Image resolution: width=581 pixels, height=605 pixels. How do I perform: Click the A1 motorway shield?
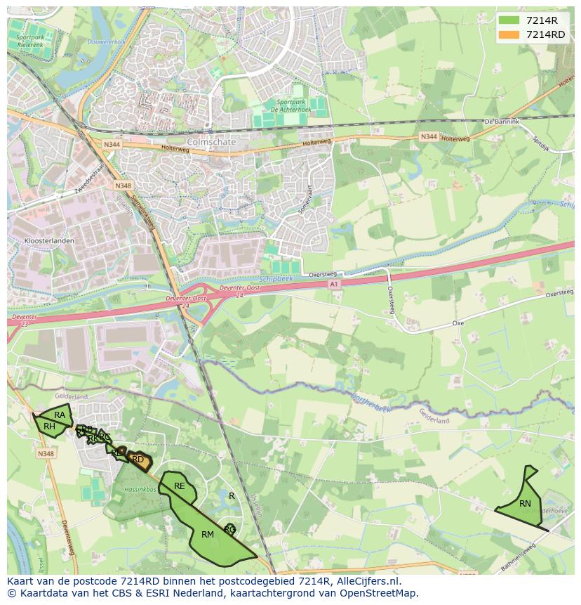334,284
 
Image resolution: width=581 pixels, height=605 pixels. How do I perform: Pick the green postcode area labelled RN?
523,504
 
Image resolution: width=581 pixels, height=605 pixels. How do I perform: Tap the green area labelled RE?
180,486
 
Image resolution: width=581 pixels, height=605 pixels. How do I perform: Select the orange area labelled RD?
139,460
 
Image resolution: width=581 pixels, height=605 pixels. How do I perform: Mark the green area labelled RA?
60,415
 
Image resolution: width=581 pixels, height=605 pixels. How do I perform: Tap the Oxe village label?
458,323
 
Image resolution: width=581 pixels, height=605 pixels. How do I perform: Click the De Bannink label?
502,122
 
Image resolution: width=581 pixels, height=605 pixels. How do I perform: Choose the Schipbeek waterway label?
279,278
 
